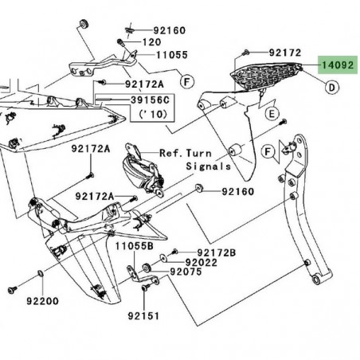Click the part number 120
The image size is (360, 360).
coord(151,42)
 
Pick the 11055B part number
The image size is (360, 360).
coord(132,247)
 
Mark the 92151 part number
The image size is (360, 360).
coord(143,315)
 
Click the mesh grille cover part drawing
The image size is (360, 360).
coord(267,80)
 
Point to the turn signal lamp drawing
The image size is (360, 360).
coord(140,171)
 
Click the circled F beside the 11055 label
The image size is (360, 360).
coord(186,81)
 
